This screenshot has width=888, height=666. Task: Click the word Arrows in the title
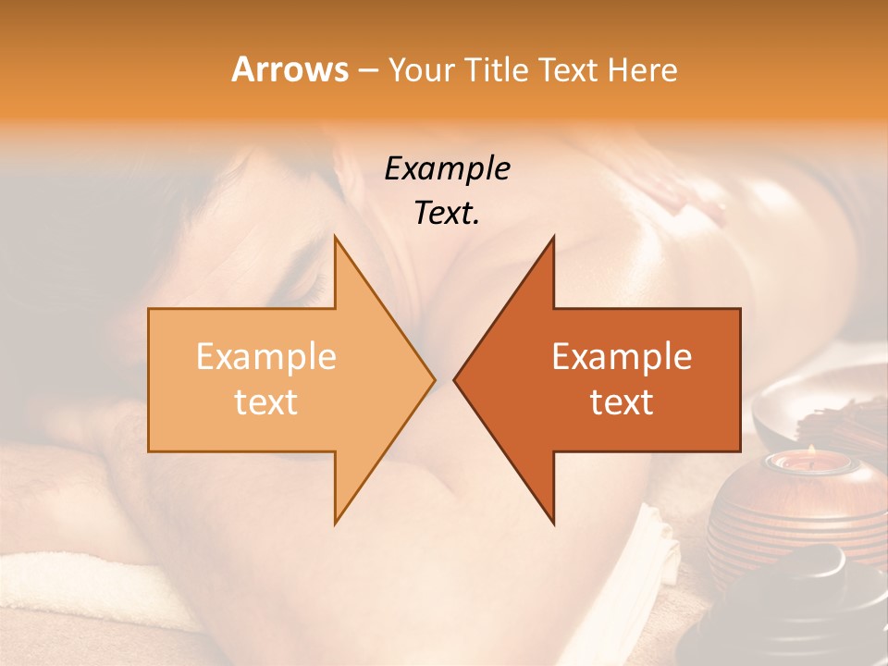[290, 69]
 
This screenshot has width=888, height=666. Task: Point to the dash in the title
[367, 71]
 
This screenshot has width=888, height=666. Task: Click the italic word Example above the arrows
[447, 168]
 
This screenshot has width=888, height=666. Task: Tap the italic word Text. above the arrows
[447, 213]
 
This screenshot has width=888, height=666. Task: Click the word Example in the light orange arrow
[265, 357]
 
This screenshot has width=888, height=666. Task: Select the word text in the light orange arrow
[265, 402]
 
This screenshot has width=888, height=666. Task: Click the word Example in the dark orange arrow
[622, 357]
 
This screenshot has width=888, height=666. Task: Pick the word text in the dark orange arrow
[622, 402]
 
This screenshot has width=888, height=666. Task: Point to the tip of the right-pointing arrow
[433, 379]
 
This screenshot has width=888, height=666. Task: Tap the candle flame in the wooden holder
[810, 452]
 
